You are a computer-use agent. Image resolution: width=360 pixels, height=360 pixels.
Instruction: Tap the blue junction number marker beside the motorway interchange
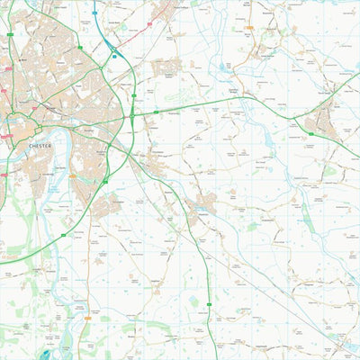coord(114,56)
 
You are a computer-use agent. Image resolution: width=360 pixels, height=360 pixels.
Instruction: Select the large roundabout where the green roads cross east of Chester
coord(132,115)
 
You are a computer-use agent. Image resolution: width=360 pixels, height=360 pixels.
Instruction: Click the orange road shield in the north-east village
coord(250,28)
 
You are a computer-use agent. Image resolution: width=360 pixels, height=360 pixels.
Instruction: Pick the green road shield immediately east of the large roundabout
coord(155,112)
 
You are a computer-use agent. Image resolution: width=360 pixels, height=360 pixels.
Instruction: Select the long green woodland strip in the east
coord(306,216)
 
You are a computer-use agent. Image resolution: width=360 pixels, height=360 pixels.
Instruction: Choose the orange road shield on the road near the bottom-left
coord(86,317)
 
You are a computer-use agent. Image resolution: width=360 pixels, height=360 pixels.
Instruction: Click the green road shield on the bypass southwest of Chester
coord(62,236)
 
